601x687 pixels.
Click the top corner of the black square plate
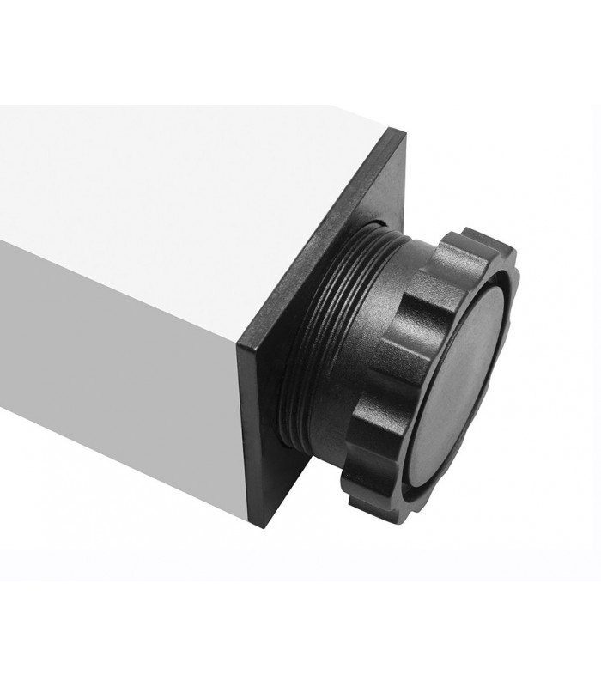click(401, 131)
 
